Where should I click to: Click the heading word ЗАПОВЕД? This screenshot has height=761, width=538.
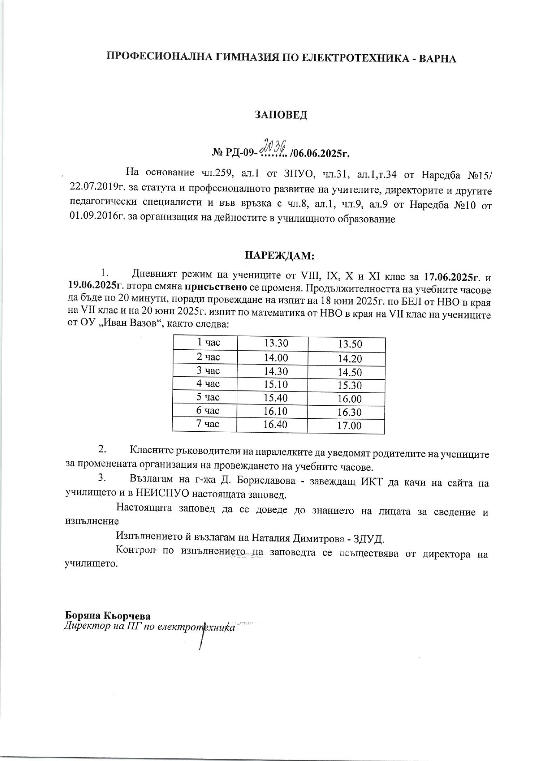(x=281, y=115)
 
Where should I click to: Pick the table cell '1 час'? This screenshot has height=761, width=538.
(x=209, y=343)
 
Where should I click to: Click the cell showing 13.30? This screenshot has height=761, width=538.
(x=276, y=343)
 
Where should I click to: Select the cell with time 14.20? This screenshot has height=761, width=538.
(x=350, y=359)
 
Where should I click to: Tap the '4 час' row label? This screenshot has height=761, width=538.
(x=208, y=384)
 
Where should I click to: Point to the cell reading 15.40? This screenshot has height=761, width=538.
(x=276, y=398)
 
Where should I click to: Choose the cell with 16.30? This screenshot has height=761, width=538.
(x=349, y=412)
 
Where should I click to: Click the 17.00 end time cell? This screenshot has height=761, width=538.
(x=349, y=426)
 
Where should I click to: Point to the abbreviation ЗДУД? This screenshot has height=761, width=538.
(x=368, y=539)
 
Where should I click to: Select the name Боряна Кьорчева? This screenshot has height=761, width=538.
(x=108, y=616)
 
